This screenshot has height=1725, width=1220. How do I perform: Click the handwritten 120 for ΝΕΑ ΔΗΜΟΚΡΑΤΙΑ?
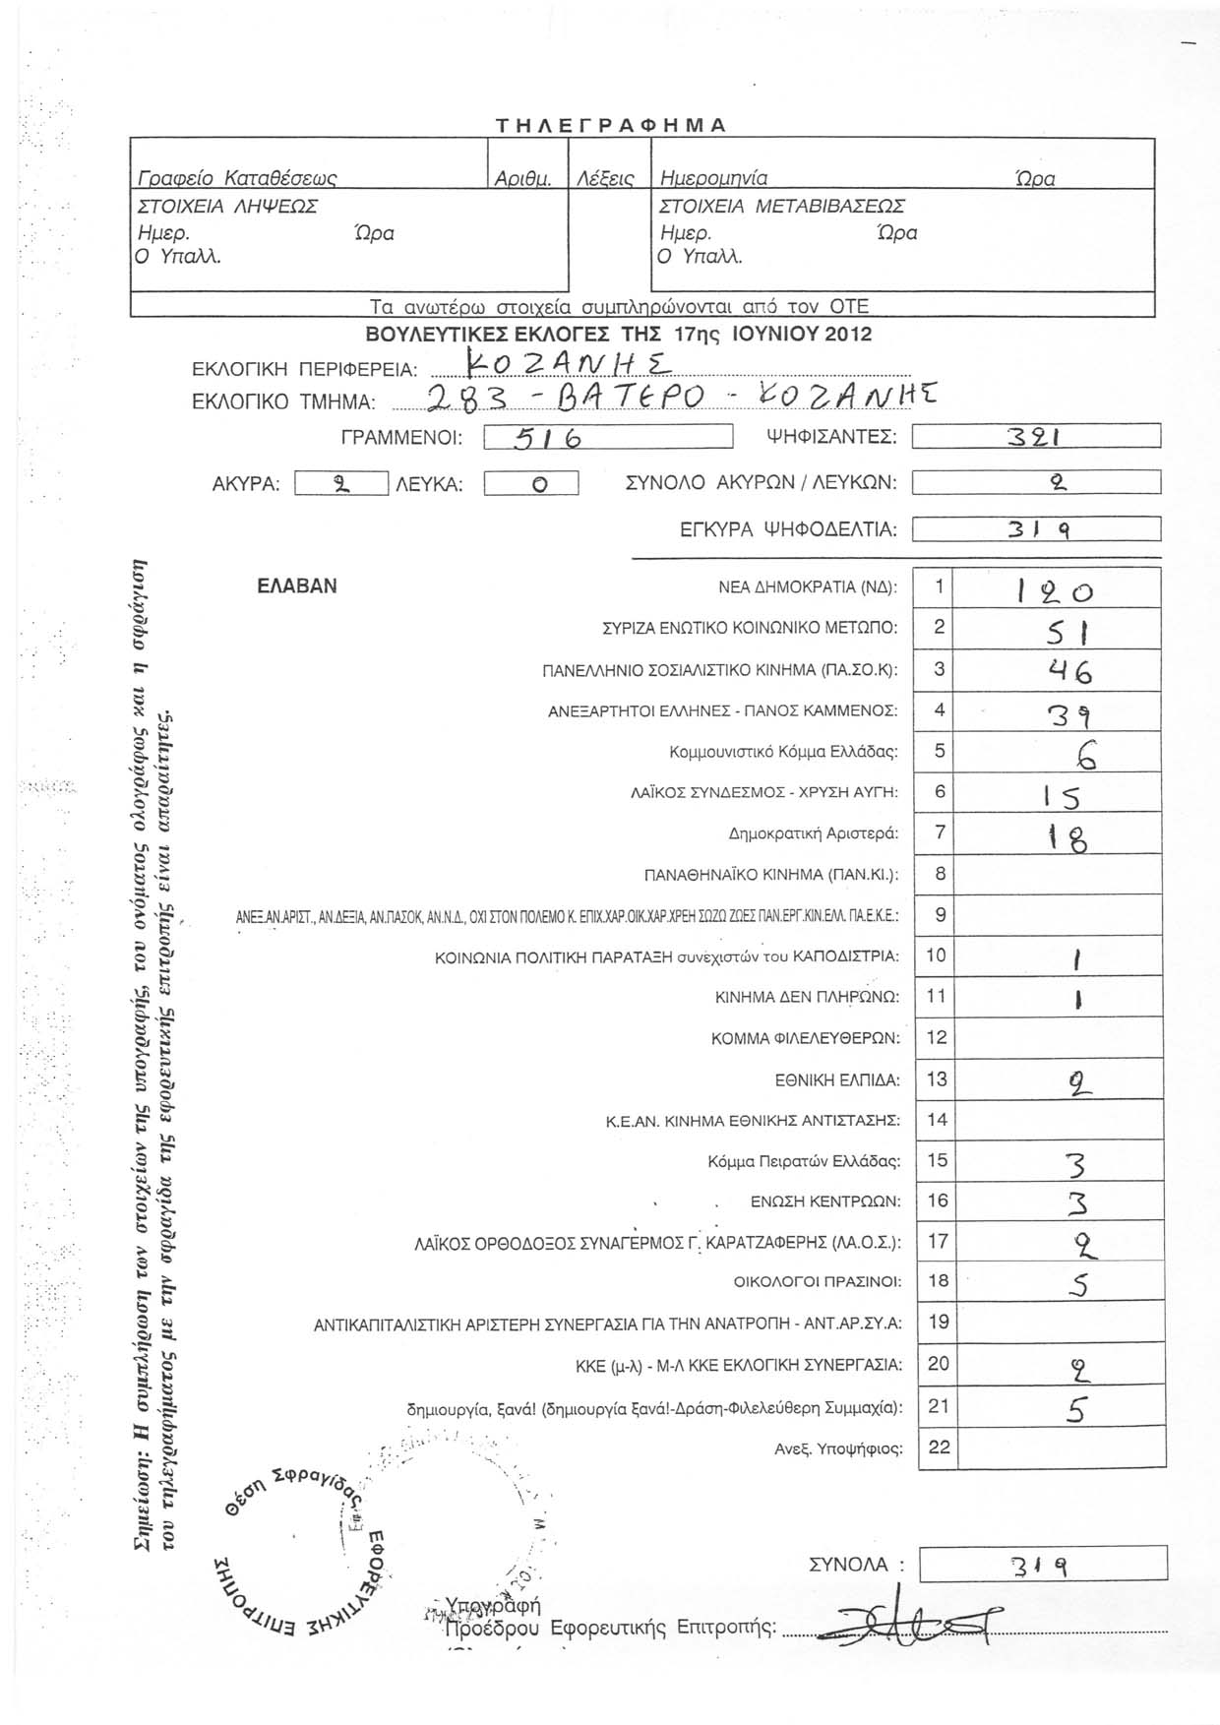[1054, 590]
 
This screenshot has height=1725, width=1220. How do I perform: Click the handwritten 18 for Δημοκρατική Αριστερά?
[1057, 838]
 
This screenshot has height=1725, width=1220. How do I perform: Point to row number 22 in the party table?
[939, 1447]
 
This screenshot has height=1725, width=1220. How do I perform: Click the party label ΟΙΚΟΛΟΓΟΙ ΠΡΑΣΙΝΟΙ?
[818, 1282]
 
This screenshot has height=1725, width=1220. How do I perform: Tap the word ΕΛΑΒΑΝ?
[296, 586]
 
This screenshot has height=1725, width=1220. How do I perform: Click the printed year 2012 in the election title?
[848, 334]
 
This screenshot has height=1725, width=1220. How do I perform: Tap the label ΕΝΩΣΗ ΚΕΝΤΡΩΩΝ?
[825, 1201]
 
